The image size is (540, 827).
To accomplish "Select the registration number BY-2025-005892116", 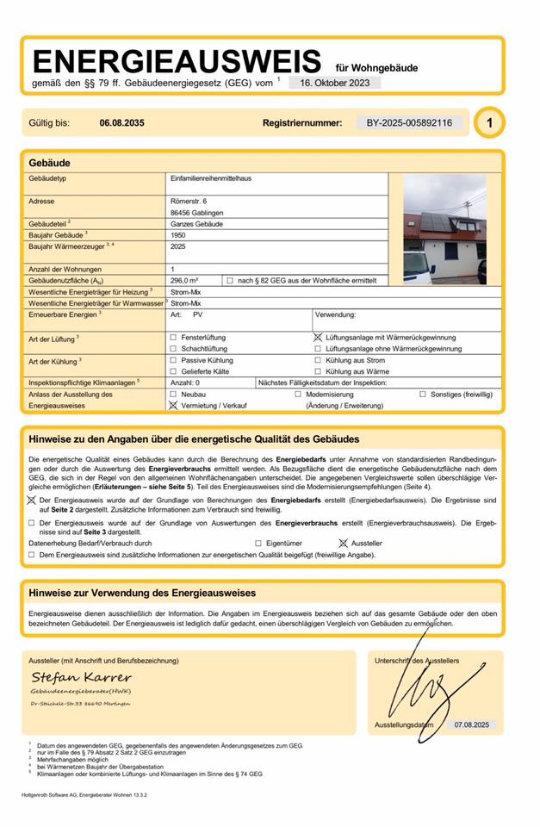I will (x=409, y=123).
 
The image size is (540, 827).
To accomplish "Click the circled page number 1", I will (x=489, y=123).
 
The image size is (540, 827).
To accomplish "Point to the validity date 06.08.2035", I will (x=122, y=123).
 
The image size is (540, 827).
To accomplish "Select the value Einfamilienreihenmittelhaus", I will (x=211, y=178).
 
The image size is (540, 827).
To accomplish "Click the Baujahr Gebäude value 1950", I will (x=179, y=234).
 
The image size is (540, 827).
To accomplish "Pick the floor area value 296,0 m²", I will (x=184, y=281).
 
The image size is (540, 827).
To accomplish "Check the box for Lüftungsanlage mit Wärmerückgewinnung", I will (x=318, y=338).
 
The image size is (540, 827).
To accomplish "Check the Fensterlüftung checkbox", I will (x=174, y=338).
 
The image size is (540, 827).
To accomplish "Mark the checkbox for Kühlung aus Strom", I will (x=318, y=360).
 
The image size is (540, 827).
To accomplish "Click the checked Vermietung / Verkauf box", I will (x=174, y=404).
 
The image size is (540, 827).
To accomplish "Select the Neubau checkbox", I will (x=174, y=394).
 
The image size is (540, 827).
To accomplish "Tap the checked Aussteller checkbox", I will (x=343, y=544).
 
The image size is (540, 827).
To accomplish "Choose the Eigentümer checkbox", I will (x=258, y=544).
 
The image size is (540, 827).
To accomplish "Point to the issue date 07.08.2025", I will (x=471, y=725).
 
